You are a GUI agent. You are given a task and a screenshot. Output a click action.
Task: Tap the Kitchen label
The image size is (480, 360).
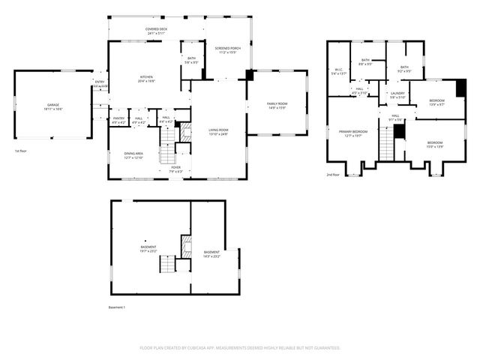pos(145,77)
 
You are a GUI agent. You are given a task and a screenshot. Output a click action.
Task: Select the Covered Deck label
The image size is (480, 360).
pos(156,30)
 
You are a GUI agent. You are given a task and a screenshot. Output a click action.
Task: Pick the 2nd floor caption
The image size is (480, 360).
pos(332,174)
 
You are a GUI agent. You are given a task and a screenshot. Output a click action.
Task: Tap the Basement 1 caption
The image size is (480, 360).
pos(117,307)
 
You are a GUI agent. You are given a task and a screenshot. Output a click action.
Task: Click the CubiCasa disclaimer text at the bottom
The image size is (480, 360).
pos(240,347)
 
